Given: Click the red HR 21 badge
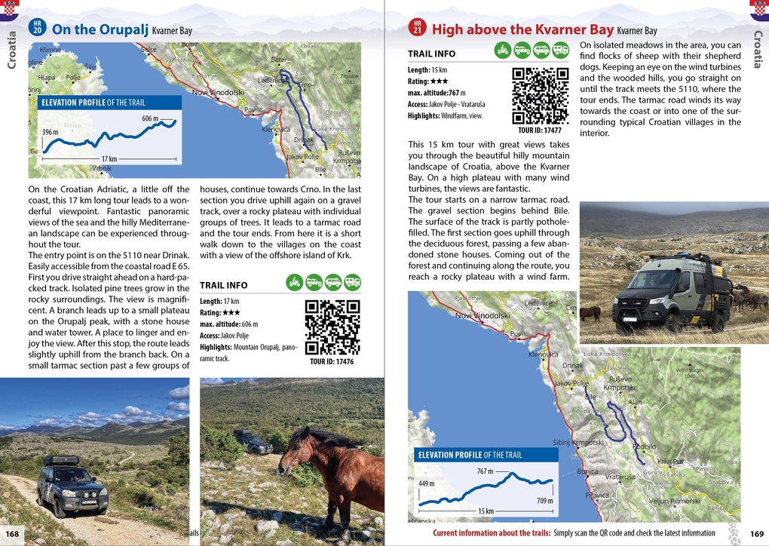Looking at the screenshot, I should pyautogui.click(x=418, y=28).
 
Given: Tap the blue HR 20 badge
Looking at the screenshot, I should pyautogui.click(x=37, y=28).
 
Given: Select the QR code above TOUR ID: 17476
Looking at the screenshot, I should pyautogui.click(x=332, y=327).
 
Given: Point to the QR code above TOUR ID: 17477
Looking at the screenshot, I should pyautogui.click(x=540, y=96).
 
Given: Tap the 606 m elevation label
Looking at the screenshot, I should pyautogui.click(x=150, y=118).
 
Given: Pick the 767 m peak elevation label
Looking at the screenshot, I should pyautogui.click(x=485, y=471).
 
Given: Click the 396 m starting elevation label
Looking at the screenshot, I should pyautogui.click(x=51, y=132).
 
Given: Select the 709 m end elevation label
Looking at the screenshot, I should pyautogui.click(x=545, y=501).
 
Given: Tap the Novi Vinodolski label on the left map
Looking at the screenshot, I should pyautogui.click(x=218, y=93).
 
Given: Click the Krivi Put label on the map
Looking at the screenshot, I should pyautogui.click(x=669, y=462).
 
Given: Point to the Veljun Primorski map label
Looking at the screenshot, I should pyautogui.click(x=675, y=501).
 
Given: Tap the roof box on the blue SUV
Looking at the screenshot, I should pyautogui.click(x=60, y=459).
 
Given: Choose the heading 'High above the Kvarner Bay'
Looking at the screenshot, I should pyautogui.click(x=522, y=29).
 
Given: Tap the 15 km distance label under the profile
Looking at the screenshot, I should pyautogui.click(x=486, y=511).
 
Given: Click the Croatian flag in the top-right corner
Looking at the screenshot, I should pyautogui.click(x=758, y=10).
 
